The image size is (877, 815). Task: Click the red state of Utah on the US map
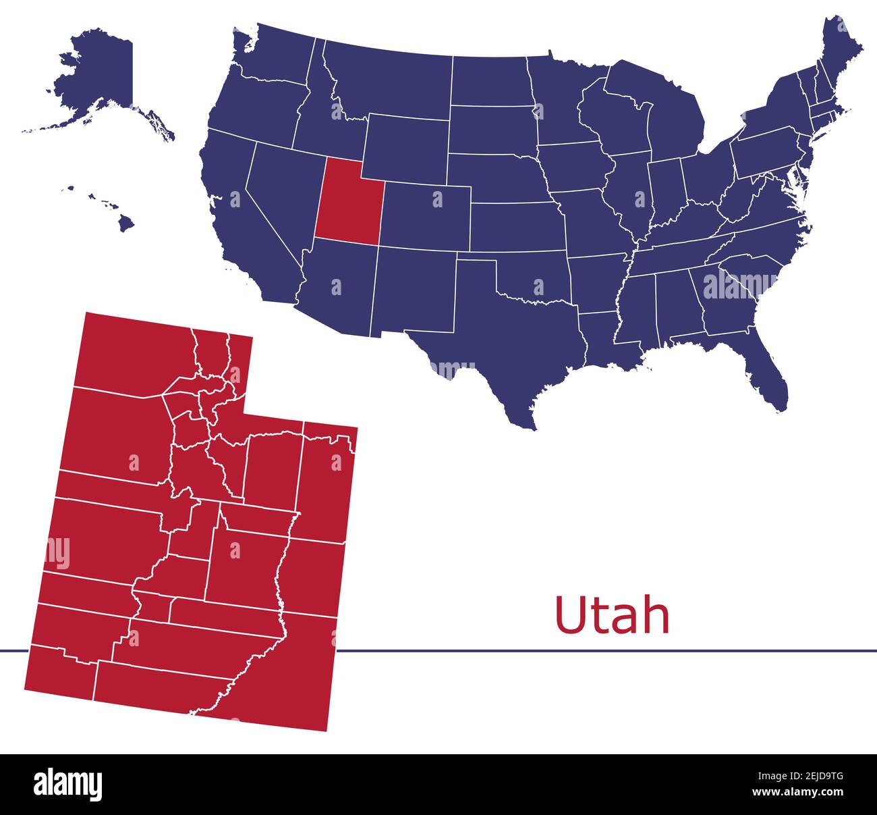coord(347,203)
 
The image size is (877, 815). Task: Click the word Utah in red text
coord(611,615)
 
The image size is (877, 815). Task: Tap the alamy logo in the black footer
coord(68,785)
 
